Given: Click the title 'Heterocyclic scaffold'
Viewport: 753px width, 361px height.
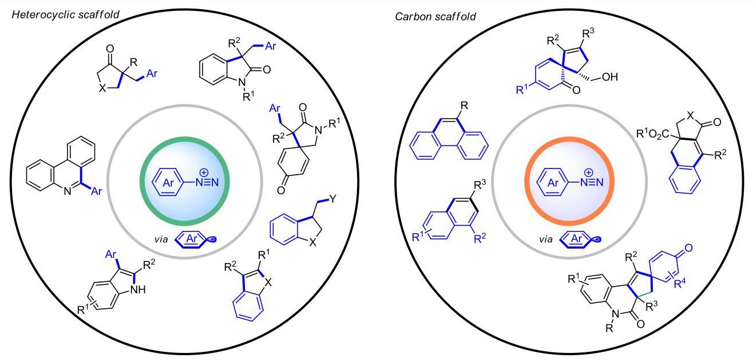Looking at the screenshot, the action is click(x=66, y=15).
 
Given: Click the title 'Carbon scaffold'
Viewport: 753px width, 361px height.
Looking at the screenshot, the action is click(x=435, y=17).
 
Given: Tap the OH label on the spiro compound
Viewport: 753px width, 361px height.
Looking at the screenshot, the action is click(x=610, y=77).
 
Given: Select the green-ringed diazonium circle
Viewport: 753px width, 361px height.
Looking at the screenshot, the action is click(x=185, y=181).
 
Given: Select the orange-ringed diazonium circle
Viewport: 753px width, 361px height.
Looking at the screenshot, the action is click(x=569, y=181).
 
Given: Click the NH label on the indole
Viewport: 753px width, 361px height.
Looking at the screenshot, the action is click(x=138, y=289).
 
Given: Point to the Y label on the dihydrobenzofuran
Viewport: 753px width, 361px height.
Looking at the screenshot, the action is click(x=332, y=199).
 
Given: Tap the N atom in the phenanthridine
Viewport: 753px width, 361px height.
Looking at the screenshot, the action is click(x=68, y=191).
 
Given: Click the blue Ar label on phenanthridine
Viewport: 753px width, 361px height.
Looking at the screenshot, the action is click(x=97, y=191).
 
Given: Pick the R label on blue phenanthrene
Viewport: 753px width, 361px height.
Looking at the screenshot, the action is click(x=464, y=106).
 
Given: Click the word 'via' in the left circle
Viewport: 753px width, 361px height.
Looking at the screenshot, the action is click(x=161, y=239).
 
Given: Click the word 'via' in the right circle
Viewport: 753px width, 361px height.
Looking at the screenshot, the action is click(x=546, y=239).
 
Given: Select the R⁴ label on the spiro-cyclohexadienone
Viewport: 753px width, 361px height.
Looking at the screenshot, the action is click(x=680, y=283).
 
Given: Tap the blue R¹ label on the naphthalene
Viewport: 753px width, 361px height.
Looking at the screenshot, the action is click(x=418, y=237).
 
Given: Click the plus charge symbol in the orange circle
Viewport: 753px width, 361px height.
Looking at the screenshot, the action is click(x=589, y=172).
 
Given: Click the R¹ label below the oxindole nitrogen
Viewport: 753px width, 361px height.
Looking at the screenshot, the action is click(x=248, y=96).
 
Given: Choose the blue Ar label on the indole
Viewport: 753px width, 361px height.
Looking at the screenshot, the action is click(x=110, y=254).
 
